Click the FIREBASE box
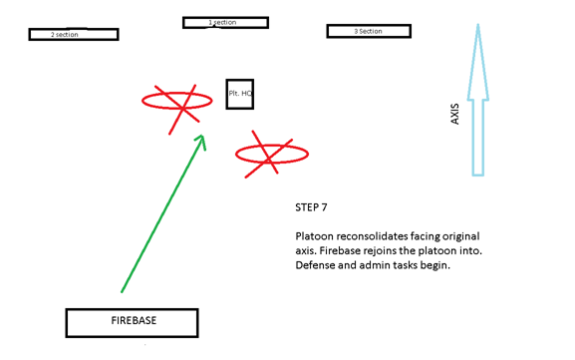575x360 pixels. coord(132,322)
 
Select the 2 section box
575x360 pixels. coord(73,34)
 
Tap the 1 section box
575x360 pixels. coord(225,22)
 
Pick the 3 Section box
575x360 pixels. coord(369,31)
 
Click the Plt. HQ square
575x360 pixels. coord(239,94)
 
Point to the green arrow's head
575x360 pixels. coord(201,140)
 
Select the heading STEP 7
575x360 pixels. coord(312,209)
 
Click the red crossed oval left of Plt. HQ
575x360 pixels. coord(176,100)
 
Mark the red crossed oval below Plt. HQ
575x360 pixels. coord(270,154)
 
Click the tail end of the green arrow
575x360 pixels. coord(123,290)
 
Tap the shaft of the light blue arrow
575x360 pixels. coord(477,135)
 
